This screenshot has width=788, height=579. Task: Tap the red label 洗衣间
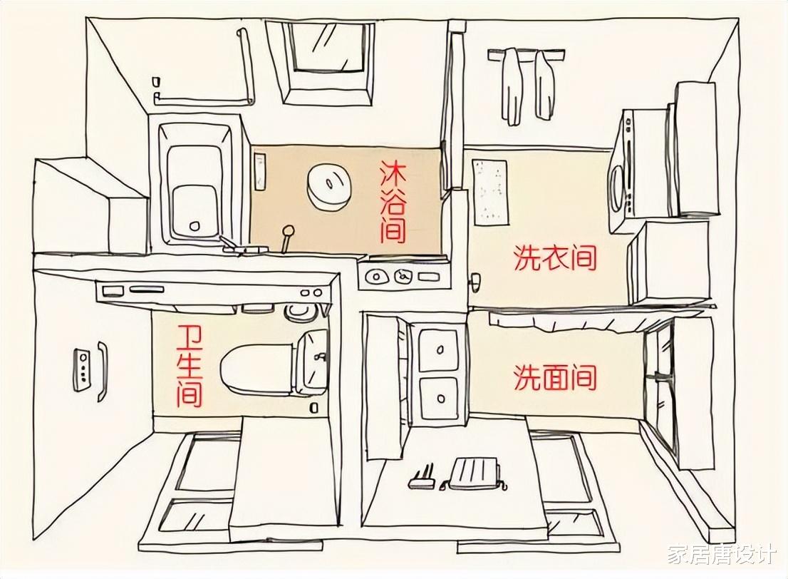tap(554, 258)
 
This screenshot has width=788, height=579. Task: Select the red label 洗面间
tap(554, 377)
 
